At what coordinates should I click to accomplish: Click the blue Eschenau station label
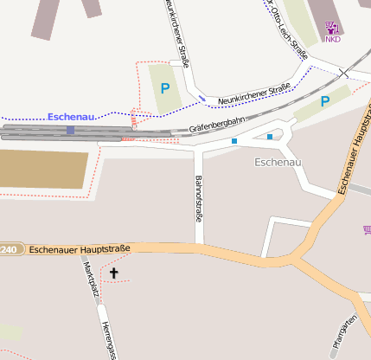(71, 117)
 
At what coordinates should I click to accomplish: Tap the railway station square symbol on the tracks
(71, 131)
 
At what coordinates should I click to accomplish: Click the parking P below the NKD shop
(325, 101)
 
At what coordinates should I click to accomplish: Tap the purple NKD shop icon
(332, 27)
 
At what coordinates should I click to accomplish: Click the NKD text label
(332, 39)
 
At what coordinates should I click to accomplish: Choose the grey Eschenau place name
(278, 162)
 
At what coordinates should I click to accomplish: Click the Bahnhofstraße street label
(197, 200)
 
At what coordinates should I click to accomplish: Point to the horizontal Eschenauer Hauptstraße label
(79, 249)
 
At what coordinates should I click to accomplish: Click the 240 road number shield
(8, 249)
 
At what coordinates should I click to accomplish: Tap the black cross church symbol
(113, 273)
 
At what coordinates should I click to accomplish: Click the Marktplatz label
(86, 279)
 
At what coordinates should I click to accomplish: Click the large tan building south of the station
(43, 170)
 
